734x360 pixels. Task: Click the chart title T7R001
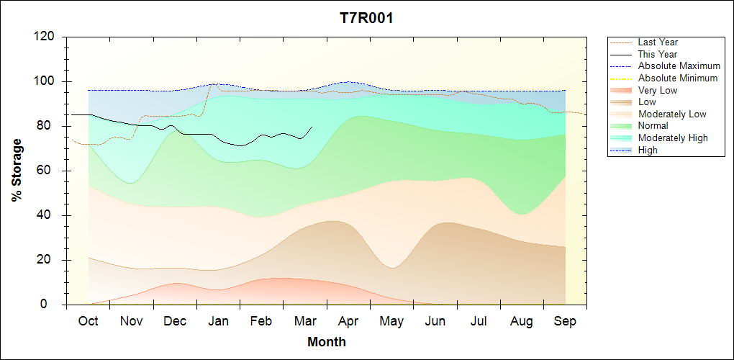coord(366,18)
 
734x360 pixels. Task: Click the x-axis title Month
coord(327,342)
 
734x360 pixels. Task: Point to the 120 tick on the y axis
coord(47,37)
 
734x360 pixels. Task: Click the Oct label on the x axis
coord(88,321)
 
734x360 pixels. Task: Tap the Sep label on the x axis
coord(565,321)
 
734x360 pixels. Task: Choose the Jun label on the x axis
coord(435,321)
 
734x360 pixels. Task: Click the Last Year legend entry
coord(658,42)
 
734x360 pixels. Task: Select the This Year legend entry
coord(658,54)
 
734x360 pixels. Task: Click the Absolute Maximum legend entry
coord(679,66)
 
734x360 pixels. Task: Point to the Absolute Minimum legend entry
coord(678,78)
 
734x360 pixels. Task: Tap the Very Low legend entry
coord(658,90)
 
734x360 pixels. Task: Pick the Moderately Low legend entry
coord(672,114)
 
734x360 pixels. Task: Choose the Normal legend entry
coord(653,126)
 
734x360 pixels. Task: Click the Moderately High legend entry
coord(673,138)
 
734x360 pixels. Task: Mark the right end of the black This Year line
coord(312,127)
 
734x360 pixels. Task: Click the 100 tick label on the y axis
coord(47,81)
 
